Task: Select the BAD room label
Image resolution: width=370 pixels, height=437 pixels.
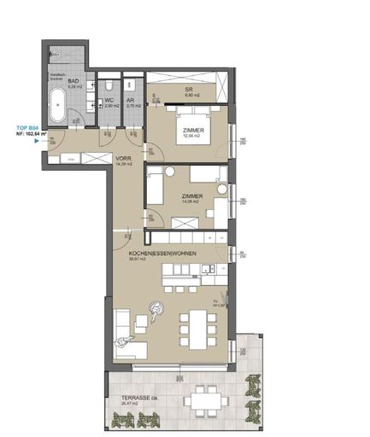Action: click(73, 81)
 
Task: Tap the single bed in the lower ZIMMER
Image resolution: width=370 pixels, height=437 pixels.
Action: click(157, 184)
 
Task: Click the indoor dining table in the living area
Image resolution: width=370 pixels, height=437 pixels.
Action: click(193, 329)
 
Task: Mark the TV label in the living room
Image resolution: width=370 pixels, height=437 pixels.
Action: click(217, 300)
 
